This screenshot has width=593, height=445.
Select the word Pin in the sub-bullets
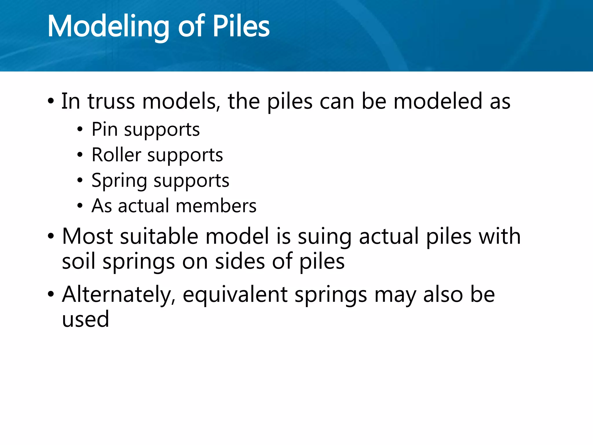click(105, 129)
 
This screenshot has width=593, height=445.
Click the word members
click(216, 206)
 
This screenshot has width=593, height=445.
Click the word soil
click(78, 261)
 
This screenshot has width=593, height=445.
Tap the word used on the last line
click(86, 319)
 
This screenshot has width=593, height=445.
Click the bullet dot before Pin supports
click(80, 130)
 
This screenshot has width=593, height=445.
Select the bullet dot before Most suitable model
click(51, 236)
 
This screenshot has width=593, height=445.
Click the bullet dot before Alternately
click(51, 295)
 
